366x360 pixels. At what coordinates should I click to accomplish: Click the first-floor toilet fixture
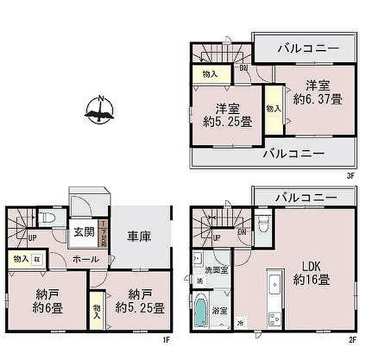click(51, 218)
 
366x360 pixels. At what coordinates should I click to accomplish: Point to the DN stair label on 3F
click(243, 68)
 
